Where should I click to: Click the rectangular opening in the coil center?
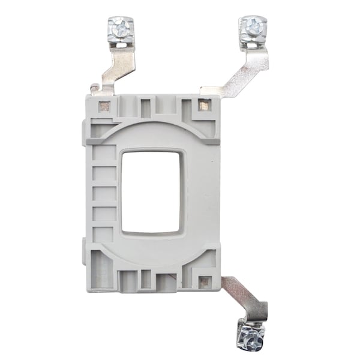tap(153, 191)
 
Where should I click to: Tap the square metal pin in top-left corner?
tap(104, 107)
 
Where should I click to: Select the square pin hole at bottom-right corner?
tap(205, 281)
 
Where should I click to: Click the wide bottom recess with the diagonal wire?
tap(166, 280)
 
